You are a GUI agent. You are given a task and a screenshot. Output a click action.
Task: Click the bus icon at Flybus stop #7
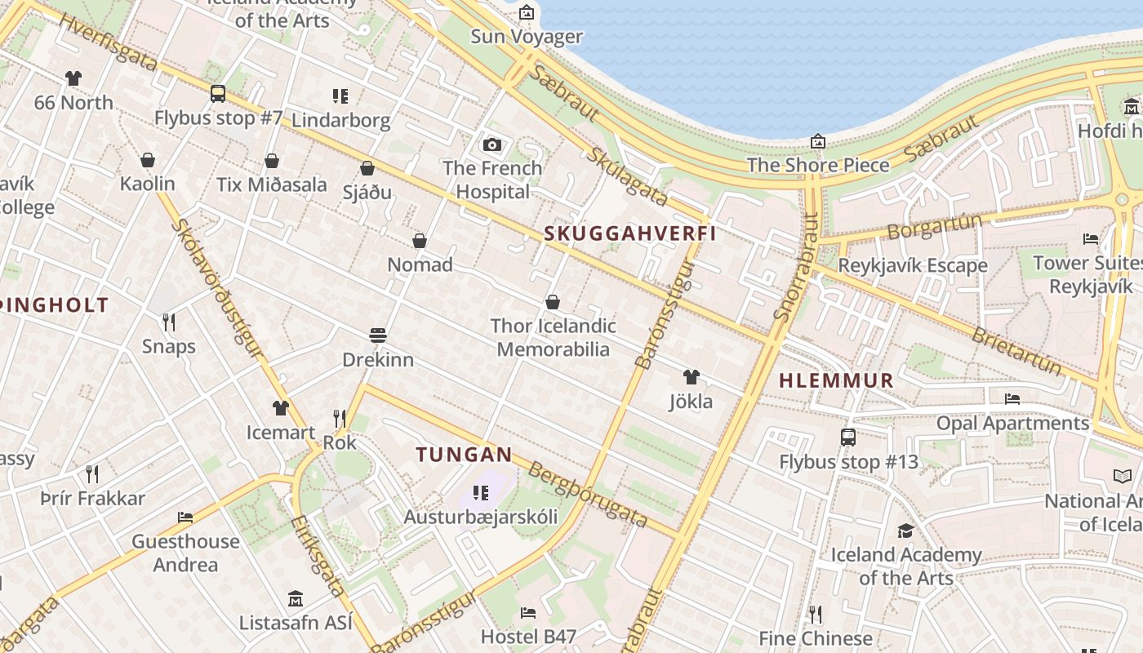tap(218, 94)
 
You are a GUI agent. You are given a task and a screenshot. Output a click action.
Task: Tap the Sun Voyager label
tap(527, 37)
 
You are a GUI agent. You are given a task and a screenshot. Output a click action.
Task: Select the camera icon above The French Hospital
tap(492, 144)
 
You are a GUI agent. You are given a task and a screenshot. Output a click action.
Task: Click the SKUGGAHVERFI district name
tap(629, 233)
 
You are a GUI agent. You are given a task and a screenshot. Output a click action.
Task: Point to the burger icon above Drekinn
tap(377, 335)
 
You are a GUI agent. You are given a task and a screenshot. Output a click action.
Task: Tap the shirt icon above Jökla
tap(692, 377)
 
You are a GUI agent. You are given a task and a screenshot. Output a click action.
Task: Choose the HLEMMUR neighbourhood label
tap(836, 380)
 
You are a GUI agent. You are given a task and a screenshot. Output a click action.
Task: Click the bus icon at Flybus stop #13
tap(848, 438)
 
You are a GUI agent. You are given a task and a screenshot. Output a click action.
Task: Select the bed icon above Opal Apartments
tap(1012, 399)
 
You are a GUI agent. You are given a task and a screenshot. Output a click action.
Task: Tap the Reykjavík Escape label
tap(913, 266)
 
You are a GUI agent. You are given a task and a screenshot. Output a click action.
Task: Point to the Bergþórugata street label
tap(588, 495)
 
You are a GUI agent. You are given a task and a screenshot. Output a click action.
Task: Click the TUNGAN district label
tap(464, 455)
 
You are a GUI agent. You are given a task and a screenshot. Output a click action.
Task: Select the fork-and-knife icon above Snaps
tap(169, 322)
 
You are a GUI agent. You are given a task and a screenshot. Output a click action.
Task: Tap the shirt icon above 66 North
tap(73, 78)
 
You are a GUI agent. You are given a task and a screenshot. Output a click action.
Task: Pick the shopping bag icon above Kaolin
tap(148, 159)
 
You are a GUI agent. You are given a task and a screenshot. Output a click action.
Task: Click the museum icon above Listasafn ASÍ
tap(296, 598)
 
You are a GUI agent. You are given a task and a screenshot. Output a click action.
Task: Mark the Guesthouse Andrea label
tap(186, 553)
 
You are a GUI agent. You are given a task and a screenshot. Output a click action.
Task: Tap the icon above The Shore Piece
tap(818, 141)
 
